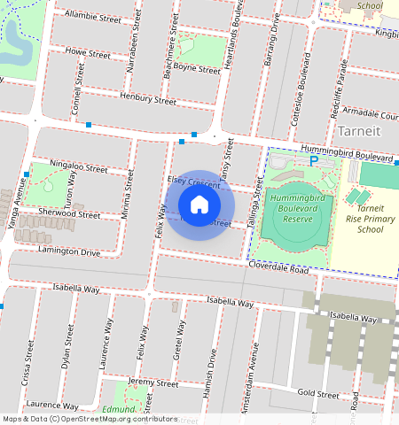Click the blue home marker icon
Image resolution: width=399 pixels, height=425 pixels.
click(x=199, y=205)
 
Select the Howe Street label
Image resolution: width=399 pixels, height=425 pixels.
click(x=88, y=54)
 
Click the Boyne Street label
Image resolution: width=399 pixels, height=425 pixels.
click(x=197, y=69)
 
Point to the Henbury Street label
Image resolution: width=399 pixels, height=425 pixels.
click(x=148, y=99)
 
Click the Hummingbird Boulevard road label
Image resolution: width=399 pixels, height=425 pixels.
click(x=345, y=155)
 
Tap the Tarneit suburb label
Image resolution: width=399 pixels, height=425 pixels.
click(x=359, y=132)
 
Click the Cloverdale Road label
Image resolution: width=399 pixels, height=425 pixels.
click(x=278, y=266)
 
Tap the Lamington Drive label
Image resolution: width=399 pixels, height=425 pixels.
click(x=69, y=252)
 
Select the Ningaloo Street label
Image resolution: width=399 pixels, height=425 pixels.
click(x=79, y=166)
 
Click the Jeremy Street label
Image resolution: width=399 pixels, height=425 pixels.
click(x=153, y=382)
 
